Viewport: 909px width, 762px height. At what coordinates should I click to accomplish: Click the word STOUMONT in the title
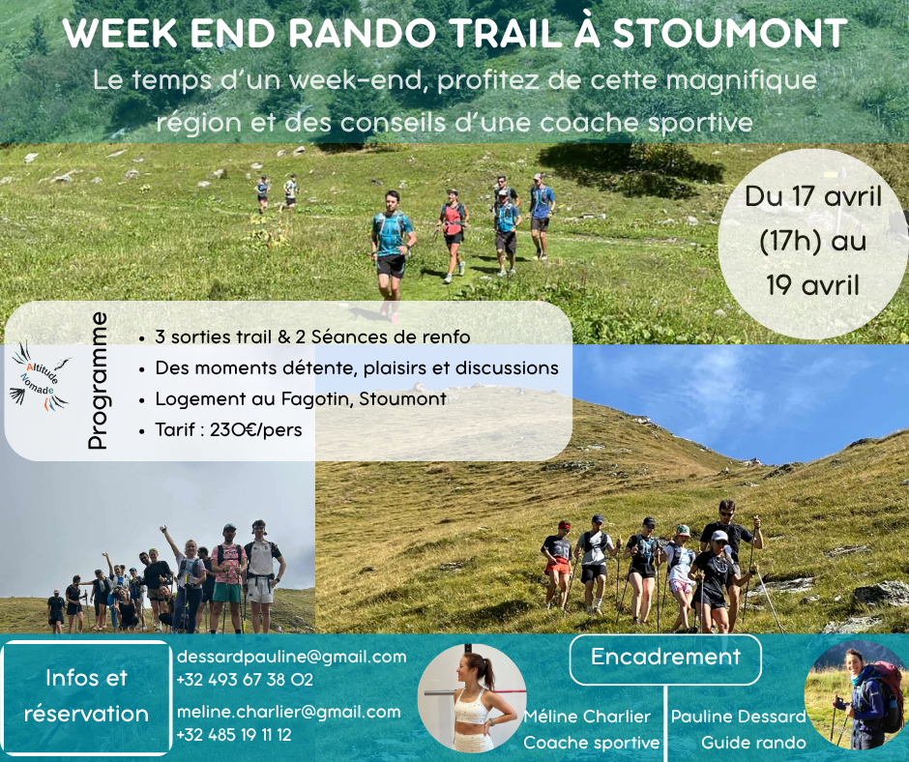coord(729,33)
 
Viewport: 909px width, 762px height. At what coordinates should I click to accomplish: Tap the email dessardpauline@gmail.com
coord(292,657)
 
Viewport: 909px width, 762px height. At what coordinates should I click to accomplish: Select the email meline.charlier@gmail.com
coord(289,712)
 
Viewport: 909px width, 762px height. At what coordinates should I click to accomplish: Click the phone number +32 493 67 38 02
coord(245,680)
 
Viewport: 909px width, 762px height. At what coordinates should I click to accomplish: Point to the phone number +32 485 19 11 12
coord(234,735)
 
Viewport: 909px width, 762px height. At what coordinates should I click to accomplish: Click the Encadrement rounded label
coord(665,659)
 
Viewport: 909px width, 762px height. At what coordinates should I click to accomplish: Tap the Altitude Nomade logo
coord(40,377)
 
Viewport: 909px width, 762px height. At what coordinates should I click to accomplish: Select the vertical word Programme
coord(98,380)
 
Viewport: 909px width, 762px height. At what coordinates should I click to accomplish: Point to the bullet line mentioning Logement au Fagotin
coord(301,399)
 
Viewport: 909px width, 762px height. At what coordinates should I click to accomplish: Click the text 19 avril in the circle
coord(812,285)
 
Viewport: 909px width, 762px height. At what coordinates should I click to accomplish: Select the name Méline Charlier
coord(587,717)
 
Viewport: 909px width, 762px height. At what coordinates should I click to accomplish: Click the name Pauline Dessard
coord(738,717)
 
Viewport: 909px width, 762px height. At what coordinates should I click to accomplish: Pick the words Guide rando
coord(753,743)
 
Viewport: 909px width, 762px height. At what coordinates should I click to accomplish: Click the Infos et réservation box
coord(86,696)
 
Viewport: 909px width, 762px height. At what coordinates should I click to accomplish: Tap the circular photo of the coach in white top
coord(472,698)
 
